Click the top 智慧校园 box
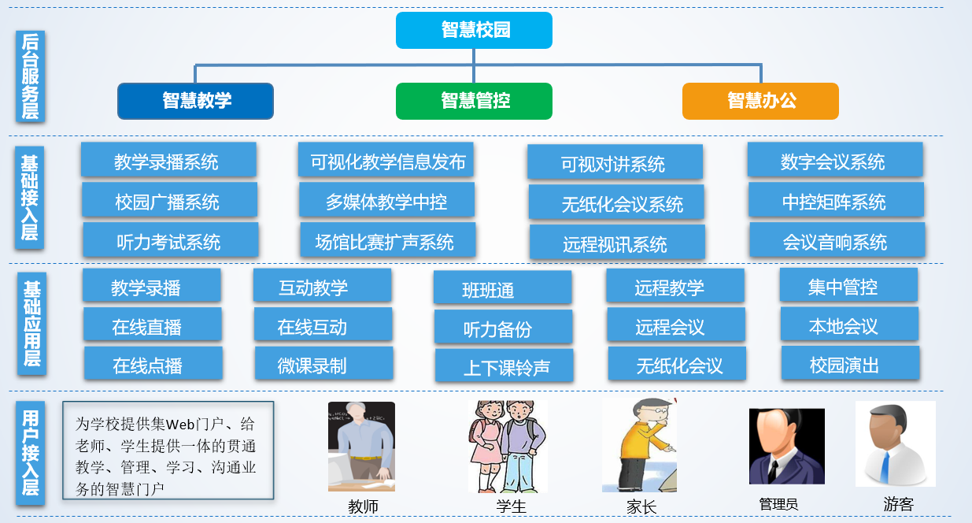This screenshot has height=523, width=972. click(474, 30)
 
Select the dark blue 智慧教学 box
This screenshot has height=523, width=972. click(195, 101)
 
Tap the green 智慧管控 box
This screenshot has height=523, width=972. click(474, 101)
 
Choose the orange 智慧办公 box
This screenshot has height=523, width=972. click(760, 101)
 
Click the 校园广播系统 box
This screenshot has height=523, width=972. click(168, 201)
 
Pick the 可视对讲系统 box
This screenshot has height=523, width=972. click(614, 163)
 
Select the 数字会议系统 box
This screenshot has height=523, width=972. click(834, 161)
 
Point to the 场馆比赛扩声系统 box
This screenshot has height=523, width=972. click(386, 240)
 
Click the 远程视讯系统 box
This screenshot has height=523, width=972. click(616, 243)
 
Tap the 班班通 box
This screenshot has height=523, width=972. click(502, 289)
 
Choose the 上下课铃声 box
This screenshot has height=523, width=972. click(504, 367)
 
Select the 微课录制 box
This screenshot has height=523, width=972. click(323, 364)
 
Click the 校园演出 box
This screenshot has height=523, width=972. click(849, 364)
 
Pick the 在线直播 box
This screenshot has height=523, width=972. click(152, 326)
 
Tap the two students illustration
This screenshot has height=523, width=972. click(507, 446)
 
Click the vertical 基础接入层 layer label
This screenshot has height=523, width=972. click(30, 197)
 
